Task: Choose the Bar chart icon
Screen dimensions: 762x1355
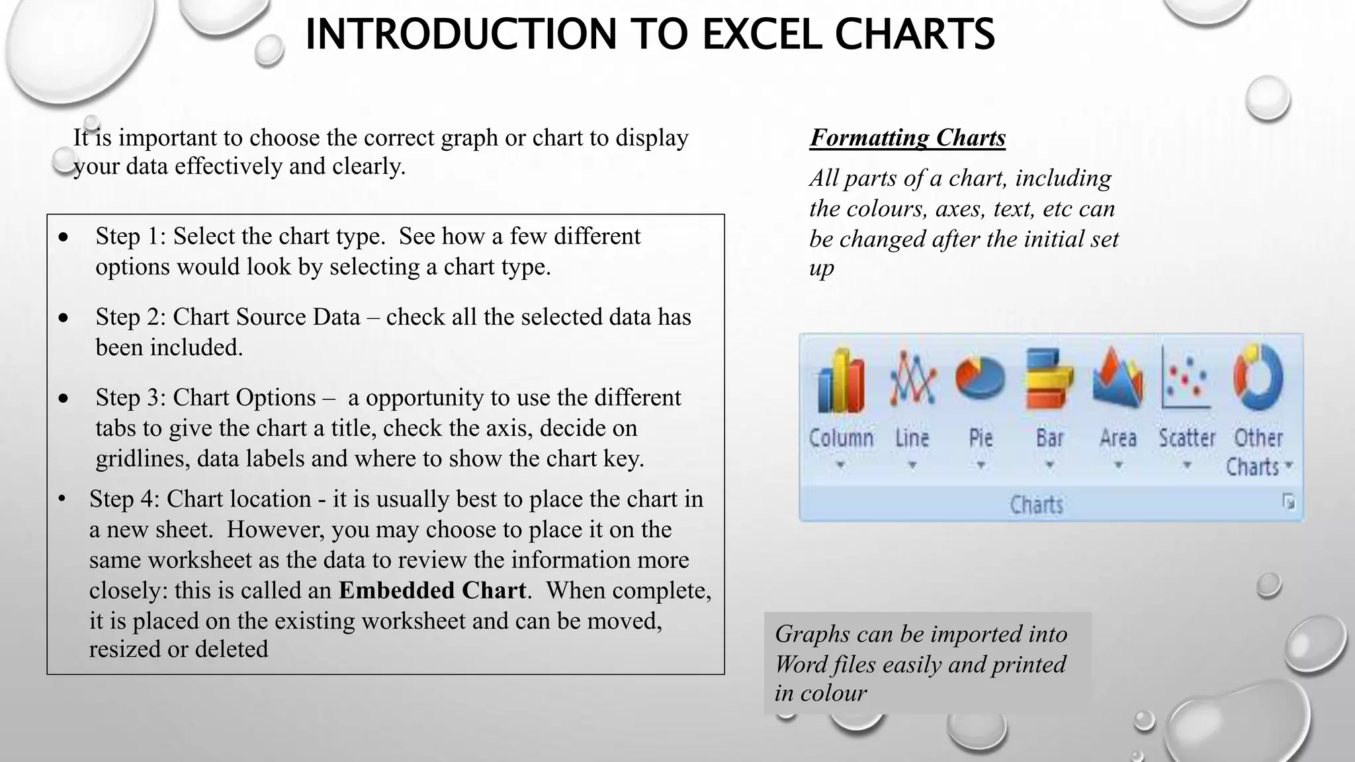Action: (x=1049, y=380)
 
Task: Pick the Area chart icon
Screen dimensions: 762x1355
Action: (x=1117, y=378)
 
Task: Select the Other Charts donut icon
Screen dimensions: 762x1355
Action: (x=1258, y=378)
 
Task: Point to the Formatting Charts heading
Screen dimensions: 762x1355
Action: (x=907, y=138)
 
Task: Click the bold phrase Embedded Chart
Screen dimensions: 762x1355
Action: (x=433, y=590)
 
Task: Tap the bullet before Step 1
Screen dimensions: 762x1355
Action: (x=63, y=237)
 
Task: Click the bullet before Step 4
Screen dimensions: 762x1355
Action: (x=62, y=498)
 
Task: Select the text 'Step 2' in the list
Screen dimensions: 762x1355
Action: (x=130, y=317)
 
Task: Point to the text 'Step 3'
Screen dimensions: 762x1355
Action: (x=130, y=398)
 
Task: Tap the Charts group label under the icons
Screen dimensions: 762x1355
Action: (x=1036, y=505)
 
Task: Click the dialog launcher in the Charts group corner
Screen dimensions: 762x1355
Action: (x=1288, y=502)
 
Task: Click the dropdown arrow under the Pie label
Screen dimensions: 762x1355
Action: (x=981, y=465)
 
